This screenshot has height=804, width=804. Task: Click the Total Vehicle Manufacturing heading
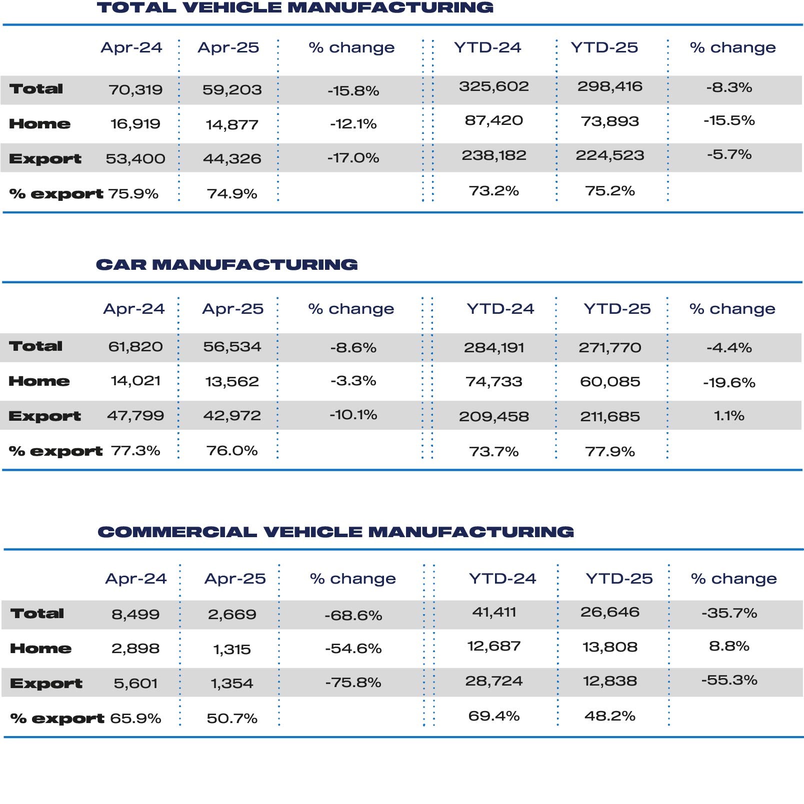[x=295, y=7]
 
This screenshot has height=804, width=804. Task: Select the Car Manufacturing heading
[x=227, y=264]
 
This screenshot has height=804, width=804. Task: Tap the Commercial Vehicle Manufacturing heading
[x=336, y=532]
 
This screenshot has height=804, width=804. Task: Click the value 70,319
[x=135, y=90]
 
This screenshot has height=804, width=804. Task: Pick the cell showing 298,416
[x=610, y=86]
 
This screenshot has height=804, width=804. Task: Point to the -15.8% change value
[x=353, y=91]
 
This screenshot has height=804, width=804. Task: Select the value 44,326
[x=232, y=159]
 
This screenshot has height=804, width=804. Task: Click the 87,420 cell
[x=494, y=120]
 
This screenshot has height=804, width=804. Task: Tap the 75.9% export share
[x=133, y=193]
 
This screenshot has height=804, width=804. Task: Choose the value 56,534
[x=232, y=347]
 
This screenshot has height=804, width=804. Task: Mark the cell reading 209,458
[x=494, y=417]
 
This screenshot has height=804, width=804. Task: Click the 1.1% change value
[x=729, y=416]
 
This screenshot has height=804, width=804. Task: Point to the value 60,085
[x=610, y=382]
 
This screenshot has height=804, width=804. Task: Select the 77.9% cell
[x=610, y=452]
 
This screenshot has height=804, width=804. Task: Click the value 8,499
[x=135, y=615]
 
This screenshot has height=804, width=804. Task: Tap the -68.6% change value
[x=353, y=615]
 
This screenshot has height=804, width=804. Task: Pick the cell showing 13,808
[x=610, y=647]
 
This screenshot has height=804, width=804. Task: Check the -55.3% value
[x=729, y=680]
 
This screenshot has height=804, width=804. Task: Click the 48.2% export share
[x=610, y=716]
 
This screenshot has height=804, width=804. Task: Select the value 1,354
[x=232, y=684]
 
